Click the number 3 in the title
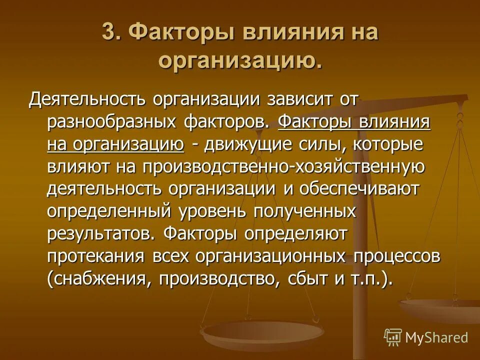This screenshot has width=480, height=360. pos(108,33)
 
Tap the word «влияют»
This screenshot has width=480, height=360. pos(79,166)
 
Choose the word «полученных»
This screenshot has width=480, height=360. pos(305,211)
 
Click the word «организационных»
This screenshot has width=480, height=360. pos(270,256)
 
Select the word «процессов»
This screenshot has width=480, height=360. pos(397,256)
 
